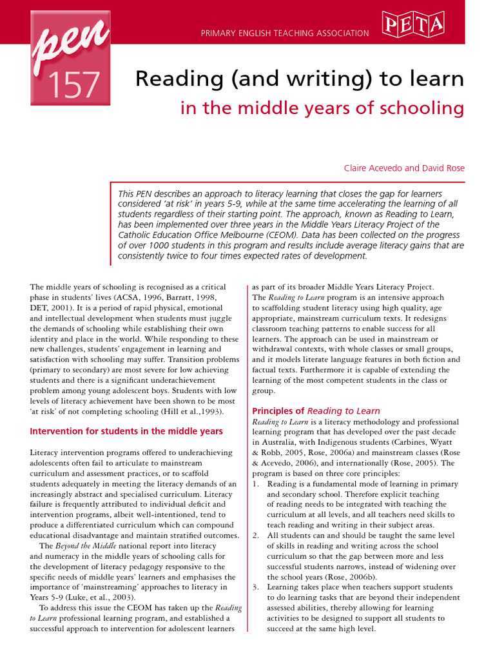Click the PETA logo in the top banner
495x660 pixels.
tap(414, 25)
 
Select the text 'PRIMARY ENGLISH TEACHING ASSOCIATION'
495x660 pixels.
tap(285, 33)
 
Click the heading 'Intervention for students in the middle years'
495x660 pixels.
tap(126, 431)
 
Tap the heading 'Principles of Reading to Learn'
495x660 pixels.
tap(316, 411)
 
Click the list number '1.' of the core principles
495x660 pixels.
tap(255, 484)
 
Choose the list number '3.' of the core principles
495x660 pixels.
tap(255, 587)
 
